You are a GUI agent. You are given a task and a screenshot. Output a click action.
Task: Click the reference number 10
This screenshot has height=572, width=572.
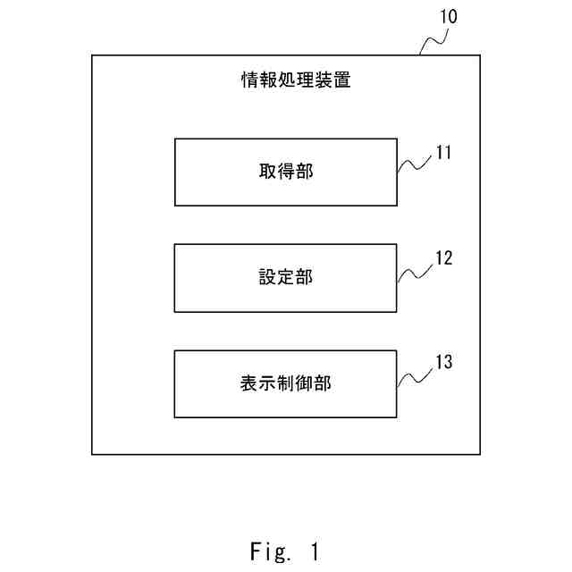tap(449, 16)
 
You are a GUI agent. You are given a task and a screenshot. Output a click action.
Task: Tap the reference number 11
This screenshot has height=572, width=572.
tap(443, 152)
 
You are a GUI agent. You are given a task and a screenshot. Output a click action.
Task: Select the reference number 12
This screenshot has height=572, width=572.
tap(444, 258)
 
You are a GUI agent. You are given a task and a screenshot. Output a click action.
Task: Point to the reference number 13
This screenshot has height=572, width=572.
tap(444, 362)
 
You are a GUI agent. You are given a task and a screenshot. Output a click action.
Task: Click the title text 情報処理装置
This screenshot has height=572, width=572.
tap(296, 80)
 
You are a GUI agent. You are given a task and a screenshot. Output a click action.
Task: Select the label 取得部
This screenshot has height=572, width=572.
tap(286, 171)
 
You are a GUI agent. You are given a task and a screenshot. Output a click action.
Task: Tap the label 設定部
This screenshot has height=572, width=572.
tap(286, 277)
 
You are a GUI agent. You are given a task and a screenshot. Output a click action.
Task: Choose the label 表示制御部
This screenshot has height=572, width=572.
tap(286, 383)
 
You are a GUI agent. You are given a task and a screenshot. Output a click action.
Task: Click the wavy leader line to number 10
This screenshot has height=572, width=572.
tap(433, 40)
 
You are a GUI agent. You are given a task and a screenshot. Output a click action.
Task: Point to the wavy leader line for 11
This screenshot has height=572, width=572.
tap(414, 164)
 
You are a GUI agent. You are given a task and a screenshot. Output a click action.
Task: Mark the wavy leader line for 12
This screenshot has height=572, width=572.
tap(415, 273)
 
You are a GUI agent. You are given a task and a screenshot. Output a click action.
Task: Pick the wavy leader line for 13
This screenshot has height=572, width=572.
tap(415, 377)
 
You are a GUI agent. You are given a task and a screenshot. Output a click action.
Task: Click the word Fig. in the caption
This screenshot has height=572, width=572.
tap(270, 552)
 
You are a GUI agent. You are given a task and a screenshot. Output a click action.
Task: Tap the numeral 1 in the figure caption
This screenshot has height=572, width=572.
tap(315, 551)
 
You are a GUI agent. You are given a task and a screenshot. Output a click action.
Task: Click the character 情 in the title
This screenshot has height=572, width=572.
tap(250, 80)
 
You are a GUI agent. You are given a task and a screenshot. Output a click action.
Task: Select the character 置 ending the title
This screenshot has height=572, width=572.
tap(341, 80)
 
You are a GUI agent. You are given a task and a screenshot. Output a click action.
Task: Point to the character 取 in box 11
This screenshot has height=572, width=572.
tap(268, 171)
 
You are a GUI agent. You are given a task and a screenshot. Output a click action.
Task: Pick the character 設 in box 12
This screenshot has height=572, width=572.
tap(268, 277)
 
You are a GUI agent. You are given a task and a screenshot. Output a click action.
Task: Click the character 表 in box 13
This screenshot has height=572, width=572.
tap(249, 383)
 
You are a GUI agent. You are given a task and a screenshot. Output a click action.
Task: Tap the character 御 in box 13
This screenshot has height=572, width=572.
tap(304, 383)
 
